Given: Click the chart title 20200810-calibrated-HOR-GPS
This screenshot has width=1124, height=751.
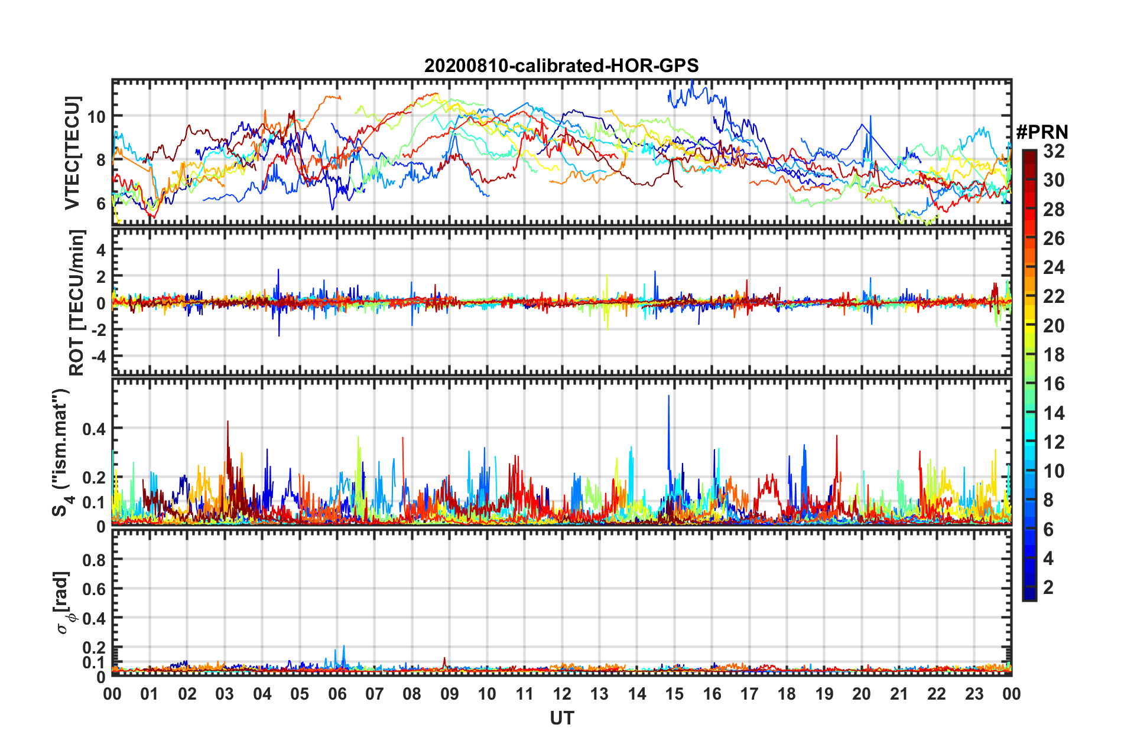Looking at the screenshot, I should (561, 66).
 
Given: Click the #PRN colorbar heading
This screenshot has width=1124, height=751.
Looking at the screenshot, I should (1042, 132).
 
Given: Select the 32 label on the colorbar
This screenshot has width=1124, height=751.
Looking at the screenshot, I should (1054, 151).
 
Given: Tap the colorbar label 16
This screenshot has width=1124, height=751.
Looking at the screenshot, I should (1054, 384).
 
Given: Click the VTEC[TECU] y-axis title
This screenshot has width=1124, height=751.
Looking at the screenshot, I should (72, 153).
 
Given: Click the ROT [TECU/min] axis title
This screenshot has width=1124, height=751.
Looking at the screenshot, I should (77, 302).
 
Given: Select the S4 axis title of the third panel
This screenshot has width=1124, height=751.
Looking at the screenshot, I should (61, 452).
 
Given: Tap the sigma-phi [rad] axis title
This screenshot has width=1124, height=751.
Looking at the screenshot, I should (63, 602).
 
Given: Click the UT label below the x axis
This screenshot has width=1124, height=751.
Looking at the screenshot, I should (561, 718).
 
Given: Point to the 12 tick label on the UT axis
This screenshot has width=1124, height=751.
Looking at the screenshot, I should (562, 694).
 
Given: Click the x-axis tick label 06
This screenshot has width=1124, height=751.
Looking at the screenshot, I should (337, 694).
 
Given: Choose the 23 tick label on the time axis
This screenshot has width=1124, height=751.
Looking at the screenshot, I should (974, 694).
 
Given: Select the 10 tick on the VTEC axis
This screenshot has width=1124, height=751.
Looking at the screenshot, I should (96, 116).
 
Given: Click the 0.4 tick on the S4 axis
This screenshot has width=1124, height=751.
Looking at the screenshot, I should (94, 429).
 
